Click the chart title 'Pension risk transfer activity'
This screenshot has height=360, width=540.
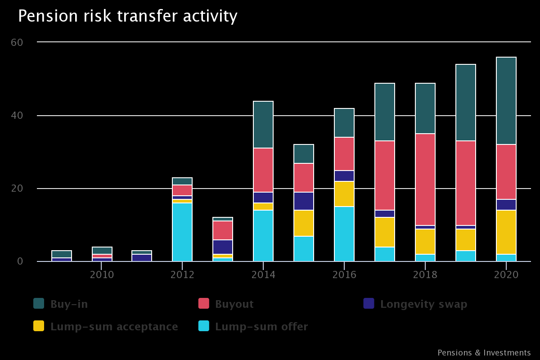127,16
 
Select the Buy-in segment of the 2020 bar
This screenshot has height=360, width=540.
506,101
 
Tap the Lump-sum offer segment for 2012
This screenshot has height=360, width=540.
182,232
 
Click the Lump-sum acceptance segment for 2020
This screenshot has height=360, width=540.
506,232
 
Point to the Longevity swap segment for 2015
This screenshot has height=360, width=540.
304,201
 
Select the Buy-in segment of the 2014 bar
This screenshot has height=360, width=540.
263,125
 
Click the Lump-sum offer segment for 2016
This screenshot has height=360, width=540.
344,234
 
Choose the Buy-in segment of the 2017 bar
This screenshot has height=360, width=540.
385,112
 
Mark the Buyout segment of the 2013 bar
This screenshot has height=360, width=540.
223,230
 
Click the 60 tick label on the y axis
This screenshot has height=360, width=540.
17,42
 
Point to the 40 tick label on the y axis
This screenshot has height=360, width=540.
17,116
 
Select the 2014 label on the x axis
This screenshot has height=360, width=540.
263,274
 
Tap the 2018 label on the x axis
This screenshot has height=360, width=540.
425,274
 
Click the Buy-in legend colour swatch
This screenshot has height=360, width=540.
39,304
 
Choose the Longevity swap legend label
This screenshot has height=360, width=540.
423,304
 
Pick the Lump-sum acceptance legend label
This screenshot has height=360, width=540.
114,327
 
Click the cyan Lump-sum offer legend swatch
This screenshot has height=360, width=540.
204,326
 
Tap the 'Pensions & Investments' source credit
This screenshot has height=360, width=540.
484,353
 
